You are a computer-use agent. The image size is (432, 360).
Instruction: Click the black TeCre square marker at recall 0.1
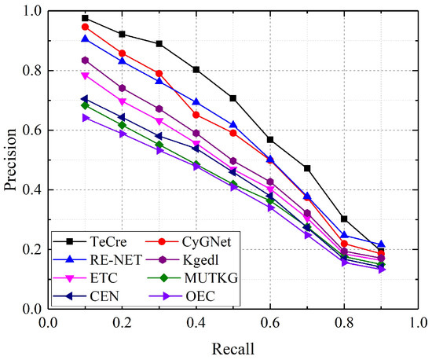tap(85, 18)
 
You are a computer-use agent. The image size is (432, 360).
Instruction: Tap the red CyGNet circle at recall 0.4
tap(196, 115)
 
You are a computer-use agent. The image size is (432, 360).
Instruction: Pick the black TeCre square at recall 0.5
tap(232, 98)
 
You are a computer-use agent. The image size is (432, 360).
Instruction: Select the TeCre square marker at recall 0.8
tap(344, 219)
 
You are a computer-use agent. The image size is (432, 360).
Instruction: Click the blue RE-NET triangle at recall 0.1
tap(85, 39)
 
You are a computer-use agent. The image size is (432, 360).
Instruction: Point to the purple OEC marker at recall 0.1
tap(85, 117)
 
